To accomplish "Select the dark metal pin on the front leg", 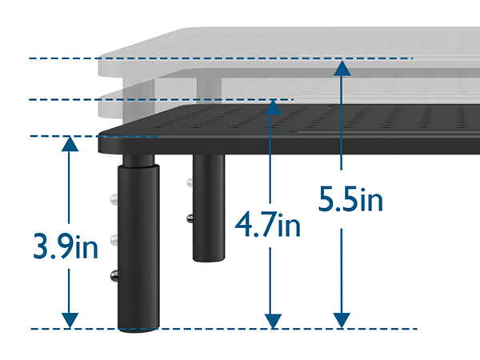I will [x=114, y=276].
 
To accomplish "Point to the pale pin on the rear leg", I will [x=189, y=183].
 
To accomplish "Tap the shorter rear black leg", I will [x=208, y=216].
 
